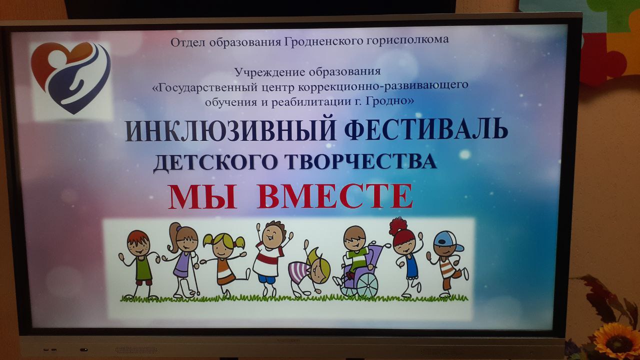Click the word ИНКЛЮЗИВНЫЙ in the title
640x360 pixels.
point(230,130)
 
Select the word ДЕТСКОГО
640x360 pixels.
point(215,162)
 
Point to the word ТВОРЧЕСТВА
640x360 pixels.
point(361,161)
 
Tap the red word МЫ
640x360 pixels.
point(202,197)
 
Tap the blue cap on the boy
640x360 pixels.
point(447,241)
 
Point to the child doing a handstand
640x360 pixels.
point(309,268)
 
